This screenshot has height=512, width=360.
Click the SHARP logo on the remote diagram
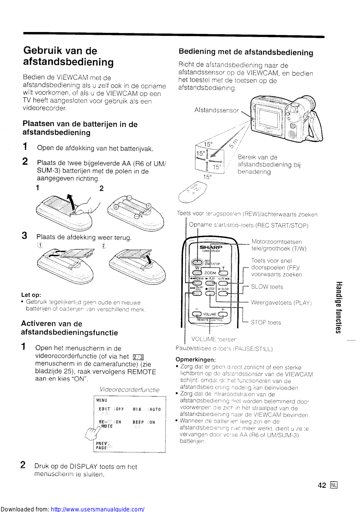click(x=211, y=247)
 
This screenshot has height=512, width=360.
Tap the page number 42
click(x=322, y=485)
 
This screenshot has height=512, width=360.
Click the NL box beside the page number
click(x=334, y=485)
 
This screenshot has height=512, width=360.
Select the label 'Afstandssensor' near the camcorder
click(x=216, y=110)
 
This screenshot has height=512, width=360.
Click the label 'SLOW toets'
click(x=267, y=287)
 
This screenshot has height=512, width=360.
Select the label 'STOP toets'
click(x=266, y=323)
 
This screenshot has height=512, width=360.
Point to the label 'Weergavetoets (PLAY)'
click(x=281, y=303)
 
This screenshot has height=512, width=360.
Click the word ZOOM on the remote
click(x=210, y=273)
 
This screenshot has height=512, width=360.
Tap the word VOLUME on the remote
click(x=210, y=314)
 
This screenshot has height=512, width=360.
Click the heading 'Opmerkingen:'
click(x=196, y=359)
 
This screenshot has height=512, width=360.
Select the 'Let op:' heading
click(x=31, y=295)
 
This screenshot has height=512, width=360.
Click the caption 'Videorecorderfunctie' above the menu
click(x=129, y=390)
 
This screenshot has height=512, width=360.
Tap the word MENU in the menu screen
click(x=102, y=400)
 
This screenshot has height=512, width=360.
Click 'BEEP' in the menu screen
click(x=138, y=422)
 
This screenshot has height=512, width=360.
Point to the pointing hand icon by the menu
click(x=92, y=434)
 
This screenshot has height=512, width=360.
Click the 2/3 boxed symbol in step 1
click(x=138, y=357)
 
